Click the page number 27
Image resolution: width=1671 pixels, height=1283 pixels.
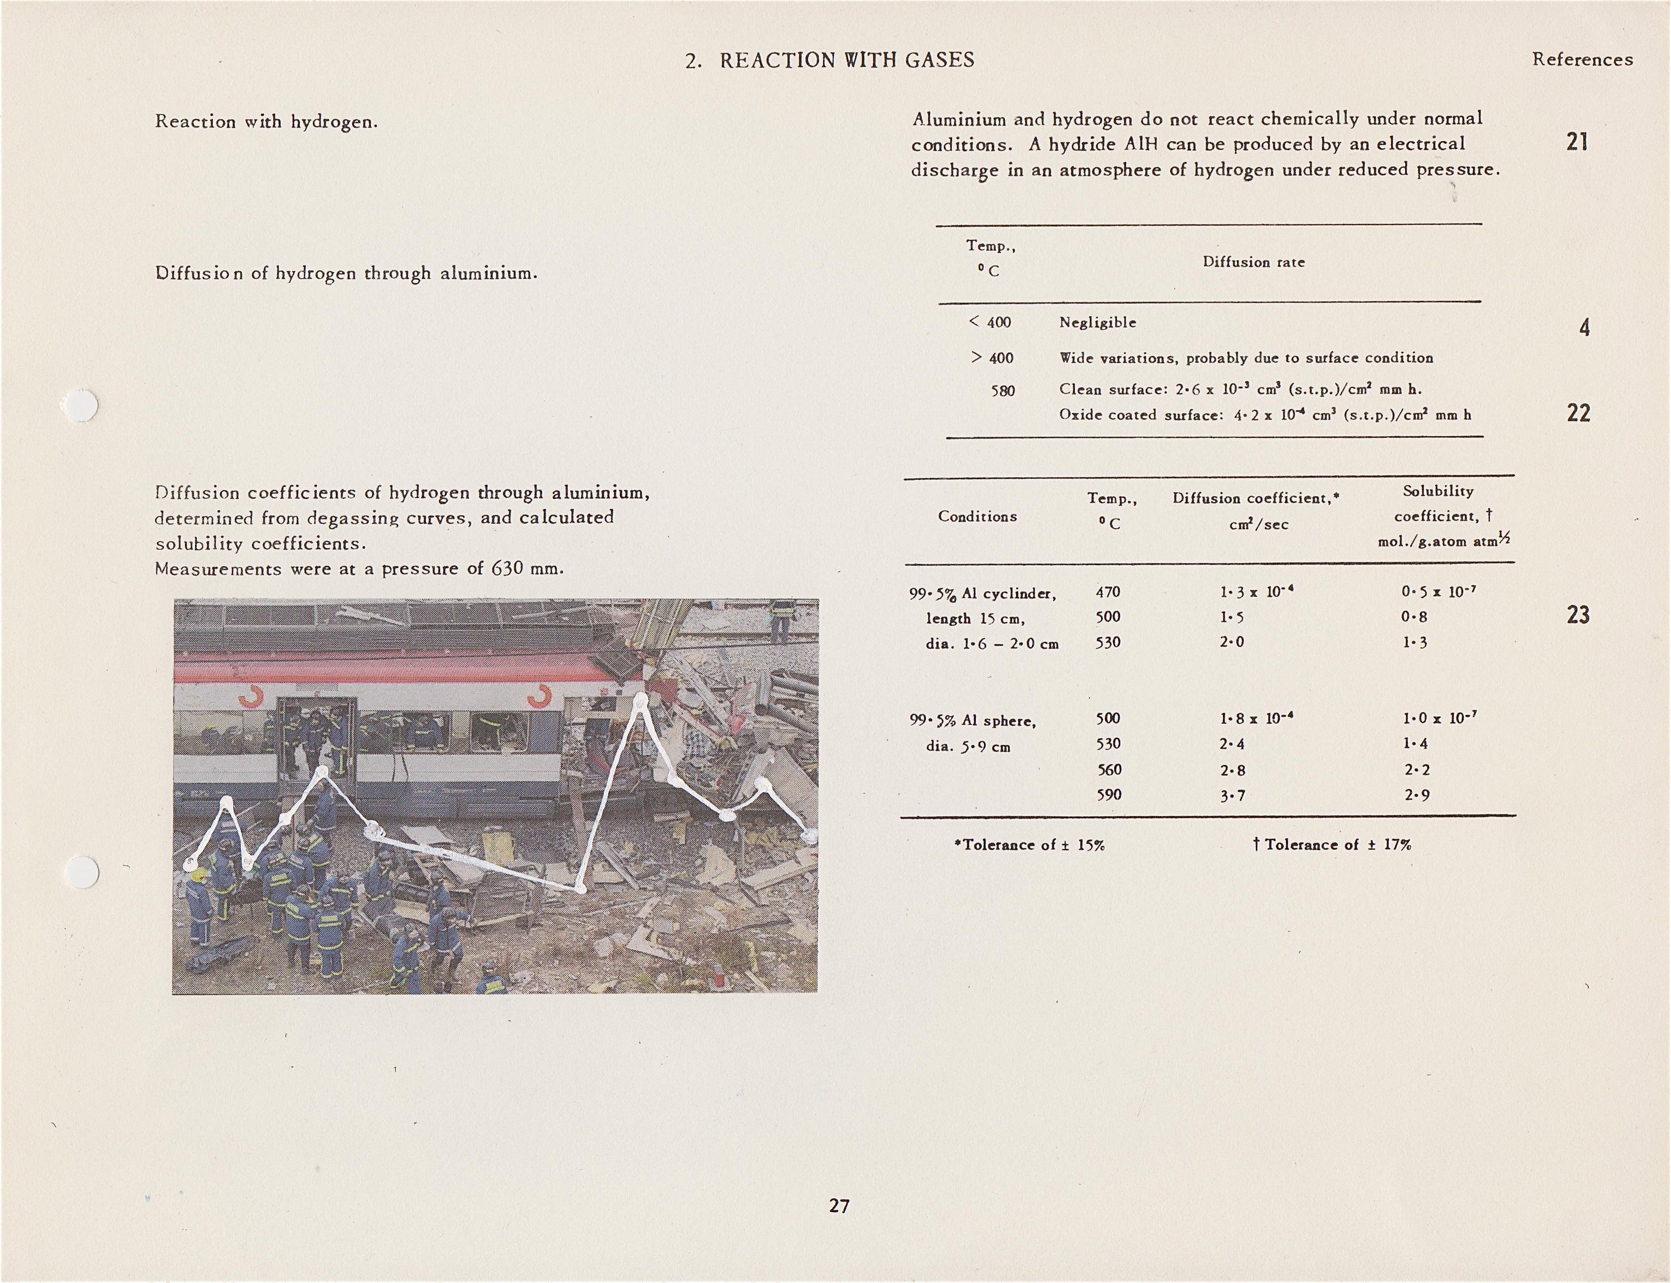click(x=839, y=1206)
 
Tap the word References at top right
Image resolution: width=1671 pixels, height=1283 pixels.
click(x=1583, y=59)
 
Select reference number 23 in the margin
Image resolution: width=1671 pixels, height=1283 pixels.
click(x=1578, y=615)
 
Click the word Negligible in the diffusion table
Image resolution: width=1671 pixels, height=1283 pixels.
click(x=1097, y=323)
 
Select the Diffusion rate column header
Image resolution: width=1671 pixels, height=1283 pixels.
click(x=1253, y=262)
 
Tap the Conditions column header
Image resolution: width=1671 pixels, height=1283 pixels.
click(x=978, y=516)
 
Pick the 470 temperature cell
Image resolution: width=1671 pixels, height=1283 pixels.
click(x=1108, y=592)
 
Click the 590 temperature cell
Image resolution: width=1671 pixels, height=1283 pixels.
click(x=1109, y=795)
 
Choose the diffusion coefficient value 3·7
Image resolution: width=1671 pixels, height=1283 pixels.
click(x=1232, y=796)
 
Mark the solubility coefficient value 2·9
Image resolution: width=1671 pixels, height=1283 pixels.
click(x=1416, y=795)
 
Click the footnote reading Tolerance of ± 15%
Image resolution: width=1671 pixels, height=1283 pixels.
click(x=1030, y=845)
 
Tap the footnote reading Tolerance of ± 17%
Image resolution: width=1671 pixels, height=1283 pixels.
click(x=1333, y=845)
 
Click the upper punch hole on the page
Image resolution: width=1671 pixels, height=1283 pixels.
click(x=81, y=405)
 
